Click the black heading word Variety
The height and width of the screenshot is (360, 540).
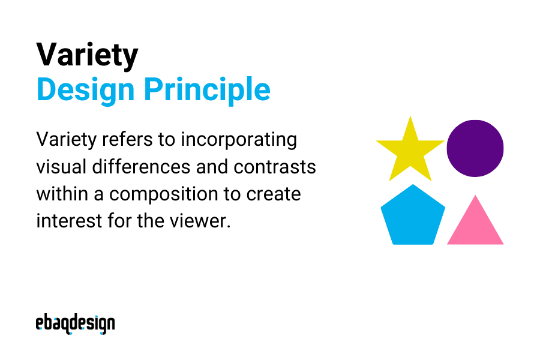[x=87, y=56]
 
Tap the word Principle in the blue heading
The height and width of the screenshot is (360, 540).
[x=206, y=89]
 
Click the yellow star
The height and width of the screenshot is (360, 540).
[x=410, y=150]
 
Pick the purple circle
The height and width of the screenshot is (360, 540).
[x=475, y=148]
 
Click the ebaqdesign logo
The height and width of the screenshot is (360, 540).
[x=75, y=323]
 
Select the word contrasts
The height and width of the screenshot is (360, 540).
[x=275, y=167]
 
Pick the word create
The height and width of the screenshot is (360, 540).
[x=274, y=194]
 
